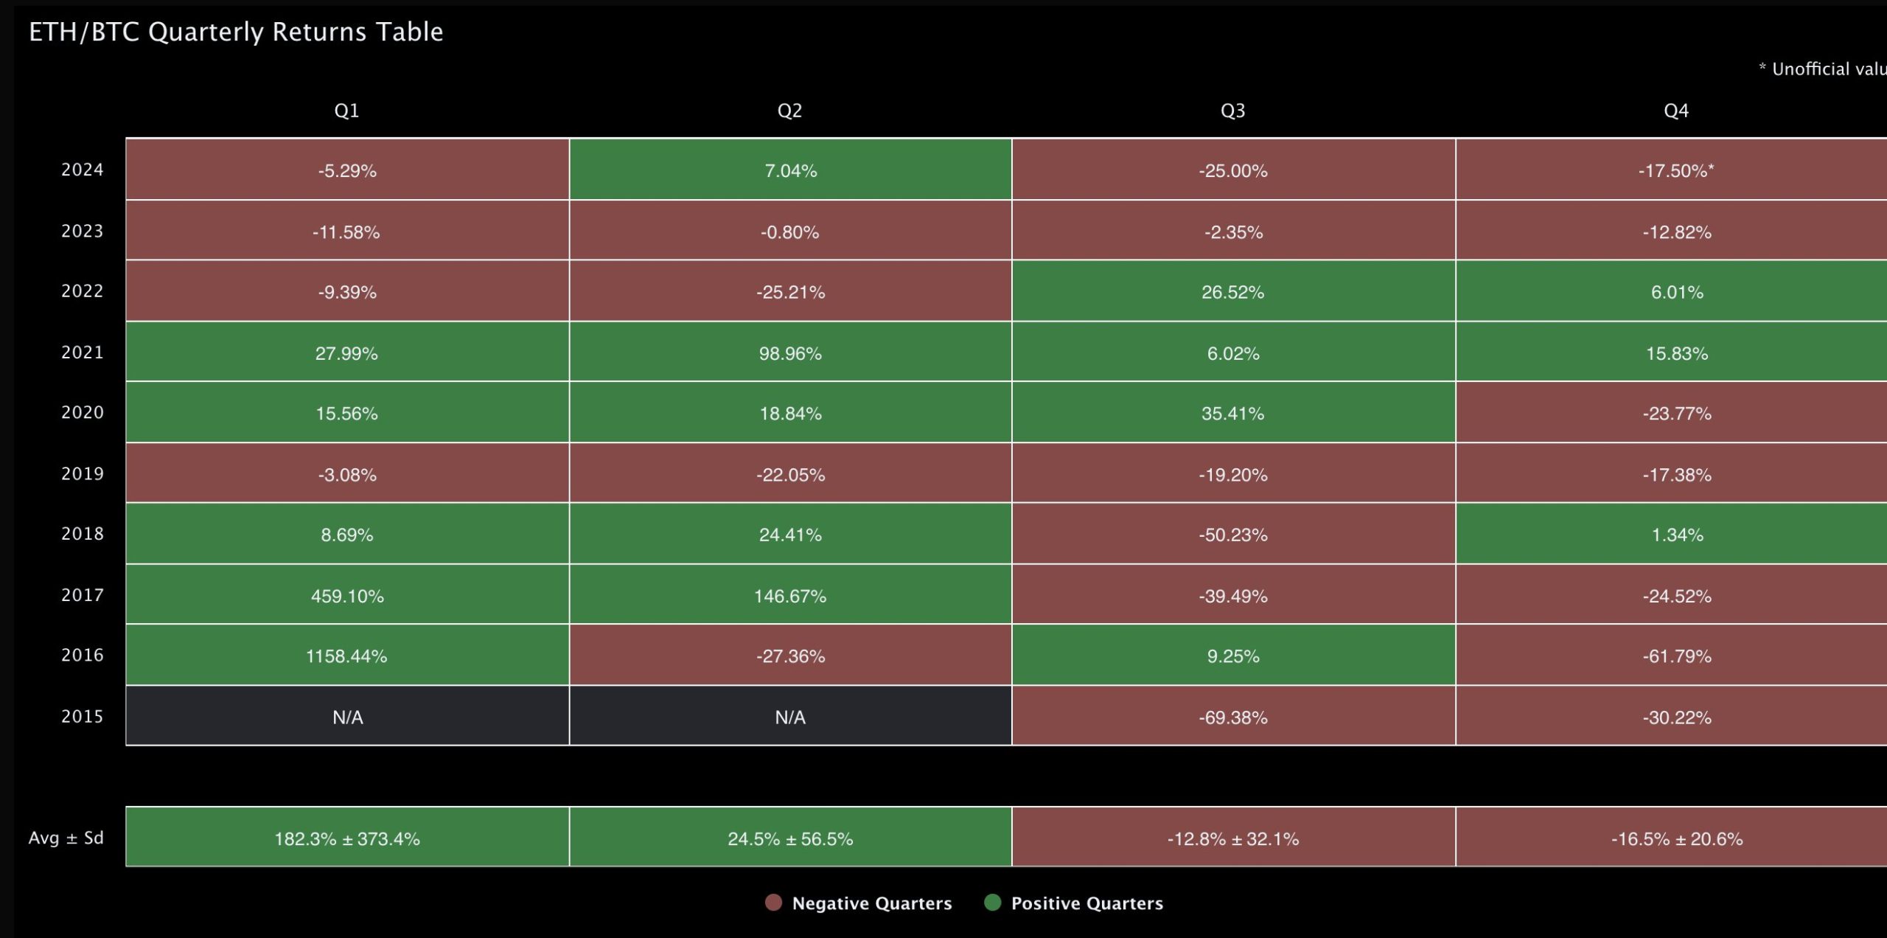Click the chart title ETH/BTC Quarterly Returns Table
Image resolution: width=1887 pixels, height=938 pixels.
click(x=236, y=32)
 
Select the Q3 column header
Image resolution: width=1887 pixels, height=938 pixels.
click(x=1232, y=111)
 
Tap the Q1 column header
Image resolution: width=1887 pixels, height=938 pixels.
click(x=346, y=111)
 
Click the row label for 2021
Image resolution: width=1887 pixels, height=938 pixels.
click(x=82, y=352)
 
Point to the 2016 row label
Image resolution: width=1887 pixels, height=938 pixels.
click(x=82, y=655)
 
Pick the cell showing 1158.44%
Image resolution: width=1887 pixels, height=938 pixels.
click(x=346, y=656)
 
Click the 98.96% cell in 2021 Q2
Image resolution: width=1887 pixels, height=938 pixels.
click(x=790, y=352)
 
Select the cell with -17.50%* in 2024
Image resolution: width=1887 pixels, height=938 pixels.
click(x=1675, y=170)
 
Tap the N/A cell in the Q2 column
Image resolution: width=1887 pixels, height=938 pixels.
click(x=790, y=717)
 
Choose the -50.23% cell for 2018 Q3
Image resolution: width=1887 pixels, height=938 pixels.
click(x=1232, y=535)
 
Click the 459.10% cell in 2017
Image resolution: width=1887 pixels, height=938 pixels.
click(x=346, y=595)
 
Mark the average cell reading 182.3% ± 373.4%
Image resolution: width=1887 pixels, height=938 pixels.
click(x=346, y=838)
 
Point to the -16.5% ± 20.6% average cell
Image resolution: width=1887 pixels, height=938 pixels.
click(x=1675, y=838)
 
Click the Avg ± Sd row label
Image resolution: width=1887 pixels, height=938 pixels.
click(x=66, y=838)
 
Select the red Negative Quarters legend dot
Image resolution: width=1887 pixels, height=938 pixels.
click(x=773, y=903)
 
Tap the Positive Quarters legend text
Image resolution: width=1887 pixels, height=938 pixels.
click(x=1086, y=903)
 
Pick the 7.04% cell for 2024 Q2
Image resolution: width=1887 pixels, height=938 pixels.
click(x=790, y=170)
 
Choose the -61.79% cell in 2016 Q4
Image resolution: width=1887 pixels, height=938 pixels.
click(x=1675, y=656)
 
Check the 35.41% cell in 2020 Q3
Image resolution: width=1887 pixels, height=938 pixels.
click(x=1232, y=413)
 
